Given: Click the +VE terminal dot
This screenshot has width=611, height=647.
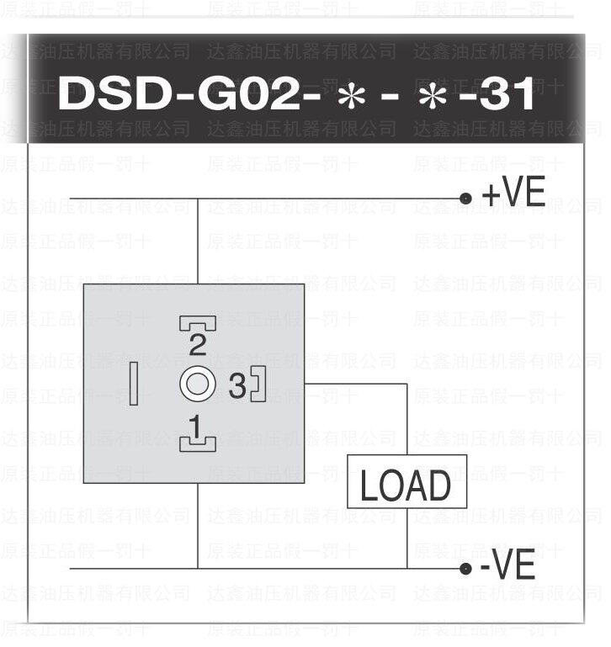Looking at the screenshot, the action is [465, 199].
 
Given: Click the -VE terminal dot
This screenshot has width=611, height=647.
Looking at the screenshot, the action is [465, 569].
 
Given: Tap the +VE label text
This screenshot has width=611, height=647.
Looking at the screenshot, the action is [513, 194].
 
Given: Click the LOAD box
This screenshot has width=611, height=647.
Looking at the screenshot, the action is [406, 485].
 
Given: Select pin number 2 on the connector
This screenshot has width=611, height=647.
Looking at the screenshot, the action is [198, 343].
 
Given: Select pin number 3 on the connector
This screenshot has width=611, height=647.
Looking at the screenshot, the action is [237, 386].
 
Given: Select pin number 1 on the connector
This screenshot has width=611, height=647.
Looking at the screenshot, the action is [196, 427].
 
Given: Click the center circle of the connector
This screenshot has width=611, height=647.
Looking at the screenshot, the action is [198, 384].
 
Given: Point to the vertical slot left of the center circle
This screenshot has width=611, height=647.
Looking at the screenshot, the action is [133, 385].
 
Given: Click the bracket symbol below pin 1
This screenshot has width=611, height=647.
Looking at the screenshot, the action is [198, 443].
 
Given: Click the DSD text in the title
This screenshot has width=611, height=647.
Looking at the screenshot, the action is [113, 95].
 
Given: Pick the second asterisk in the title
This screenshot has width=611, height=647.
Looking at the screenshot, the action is [433, 97].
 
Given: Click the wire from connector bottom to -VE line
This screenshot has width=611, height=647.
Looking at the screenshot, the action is [198, 526].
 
